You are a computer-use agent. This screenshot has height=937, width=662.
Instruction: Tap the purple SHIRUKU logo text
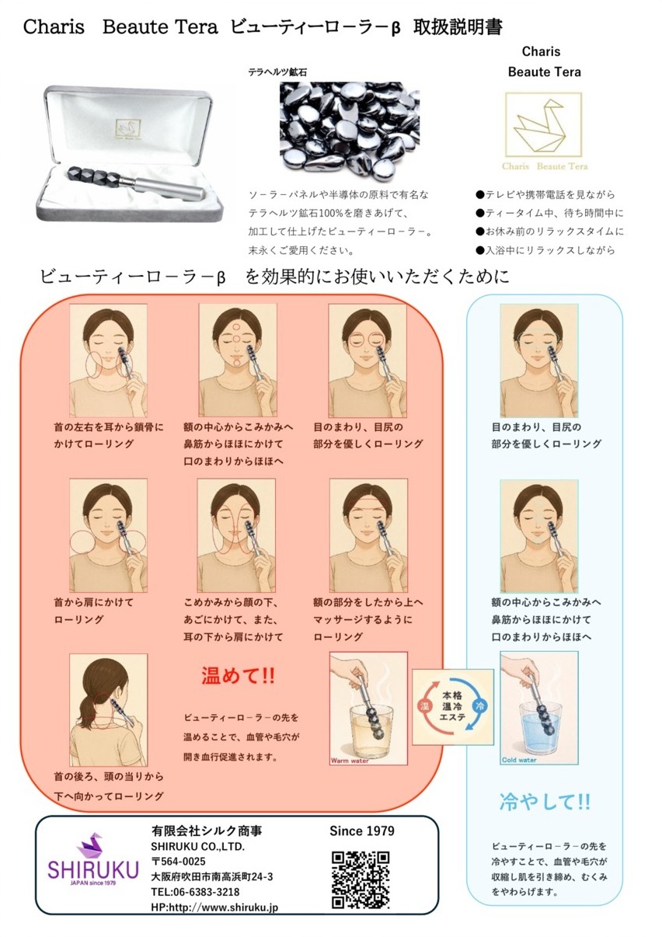[x=92, y=870]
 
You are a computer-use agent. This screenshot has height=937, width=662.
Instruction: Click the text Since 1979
[x=361, y=831]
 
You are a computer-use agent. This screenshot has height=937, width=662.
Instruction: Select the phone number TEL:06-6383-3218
[x=195, y=892]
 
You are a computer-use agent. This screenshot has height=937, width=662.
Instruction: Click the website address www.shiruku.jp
[x=241, y=907]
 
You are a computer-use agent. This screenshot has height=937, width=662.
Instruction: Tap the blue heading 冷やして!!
[x=545, y=802]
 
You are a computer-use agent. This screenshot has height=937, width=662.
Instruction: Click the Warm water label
[x=350, y=761]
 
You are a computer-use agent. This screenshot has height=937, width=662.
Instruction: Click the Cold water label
[x=519, y=760]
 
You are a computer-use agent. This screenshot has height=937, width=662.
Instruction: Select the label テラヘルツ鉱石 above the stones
[x=277, y=72]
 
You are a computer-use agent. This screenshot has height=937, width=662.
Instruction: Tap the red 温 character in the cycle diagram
[x=425, y=705]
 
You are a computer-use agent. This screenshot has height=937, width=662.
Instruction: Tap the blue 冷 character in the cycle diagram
[x=479, y=705]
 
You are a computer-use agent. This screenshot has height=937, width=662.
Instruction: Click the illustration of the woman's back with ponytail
[x=108, y=710]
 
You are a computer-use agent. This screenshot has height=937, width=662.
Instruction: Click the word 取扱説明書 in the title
[x=458, y=27]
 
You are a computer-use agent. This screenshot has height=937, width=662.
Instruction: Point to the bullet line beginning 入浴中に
[x=545, y=250]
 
